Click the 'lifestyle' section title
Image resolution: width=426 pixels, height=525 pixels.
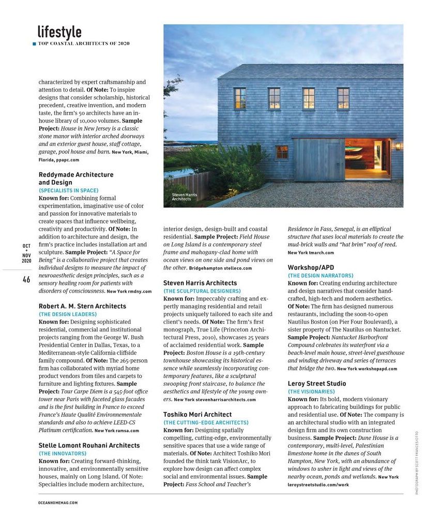click(x=59, y=32)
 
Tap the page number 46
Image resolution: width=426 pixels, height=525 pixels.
click(x=26, y=279)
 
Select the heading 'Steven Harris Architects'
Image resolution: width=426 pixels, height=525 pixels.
click(x=200, y=283)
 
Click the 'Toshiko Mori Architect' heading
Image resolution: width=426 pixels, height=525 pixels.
click(x=197, y=415)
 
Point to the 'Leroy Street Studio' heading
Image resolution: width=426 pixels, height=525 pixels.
click(x=317, y=384)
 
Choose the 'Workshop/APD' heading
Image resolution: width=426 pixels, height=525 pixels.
click(x=311, y=267)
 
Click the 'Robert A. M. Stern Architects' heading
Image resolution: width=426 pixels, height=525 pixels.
click(x=82, y=306)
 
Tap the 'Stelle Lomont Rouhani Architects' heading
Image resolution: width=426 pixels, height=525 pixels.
click(x=89, y=445)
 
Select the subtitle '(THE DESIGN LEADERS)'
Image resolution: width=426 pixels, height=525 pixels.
click(x=68, y=314)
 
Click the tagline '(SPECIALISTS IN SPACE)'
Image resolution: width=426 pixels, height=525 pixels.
click(x=68, y=190)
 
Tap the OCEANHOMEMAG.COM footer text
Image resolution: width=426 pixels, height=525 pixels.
click(x=58, y=502)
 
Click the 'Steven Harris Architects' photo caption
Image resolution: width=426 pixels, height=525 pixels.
click(x=184, y=197)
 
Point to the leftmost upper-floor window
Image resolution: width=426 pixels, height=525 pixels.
click(x=240, y=98)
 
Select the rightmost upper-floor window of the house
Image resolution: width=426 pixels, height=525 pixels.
click(x=343, y=98)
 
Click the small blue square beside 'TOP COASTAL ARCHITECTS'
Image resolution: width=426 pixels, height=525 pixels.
click(x=34, y=43)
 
